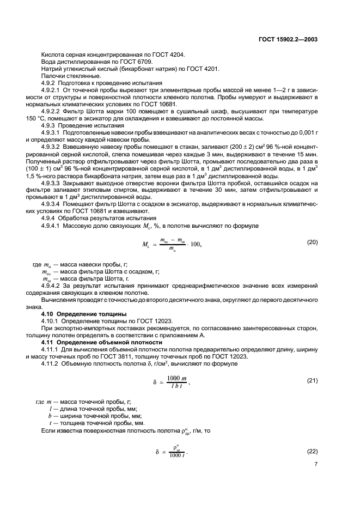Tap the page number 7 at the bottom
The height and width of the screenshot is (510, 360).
pos(316,464)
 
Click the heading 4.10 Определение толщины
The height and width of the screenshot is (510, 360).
pos(84,314)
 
